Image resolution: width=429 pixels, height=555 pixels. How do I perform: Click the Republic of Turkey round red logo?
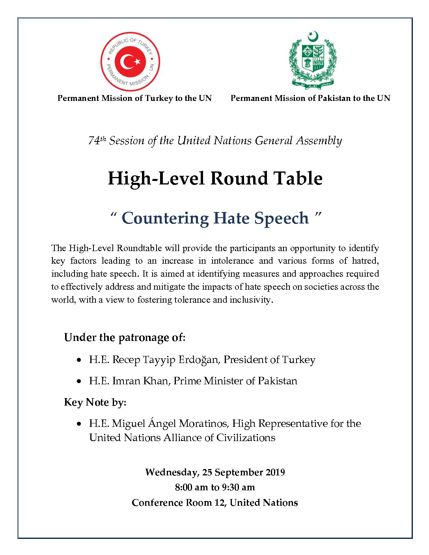pos(130,62)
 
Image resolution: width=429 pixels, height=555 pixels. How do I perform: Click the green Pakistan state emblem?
pos(313,60)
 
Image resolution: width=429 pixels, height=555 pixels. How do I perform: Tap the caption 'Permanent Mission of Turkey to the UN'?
pos(134,98)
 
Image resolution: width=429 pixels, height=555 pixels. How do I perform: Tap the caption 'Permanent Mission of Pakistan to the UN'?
pos(310,98)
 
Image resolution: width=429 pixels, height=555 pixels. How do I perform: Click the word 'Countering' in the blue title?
pos(165,218)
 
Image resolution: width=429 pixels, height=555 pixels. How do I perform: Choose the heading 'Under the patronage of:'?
pos(125,337)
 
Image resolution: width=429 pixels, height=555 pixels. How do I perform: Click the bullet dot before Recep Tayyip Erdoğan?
pos(79,360)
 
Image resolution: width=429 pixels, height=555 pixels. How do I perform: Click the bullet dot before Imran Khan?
pos(79,382)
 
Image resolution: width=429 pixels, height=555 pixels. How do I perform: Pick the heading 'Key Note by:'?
pos(95,402)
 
